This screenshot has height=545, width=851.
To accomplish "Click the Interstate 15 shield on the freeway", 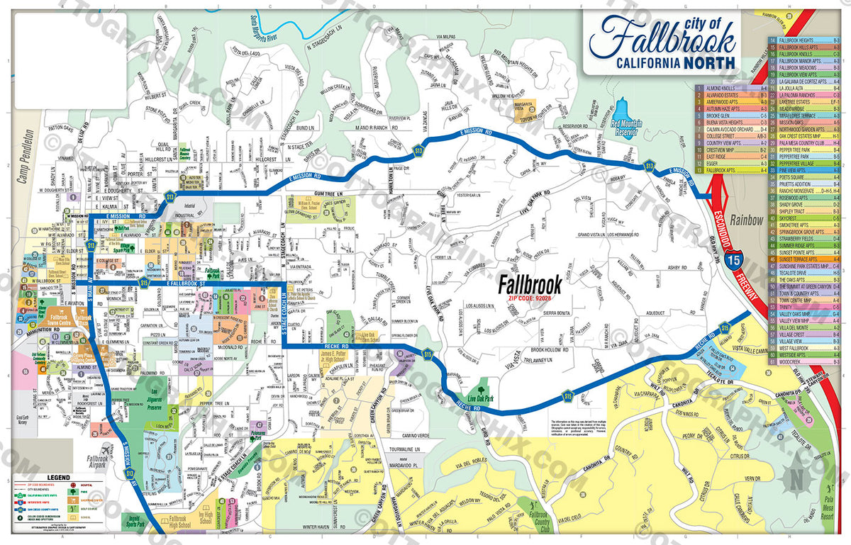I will click(739, 265).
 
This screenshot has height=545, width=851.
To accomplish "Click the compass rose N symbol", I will click(796, 479).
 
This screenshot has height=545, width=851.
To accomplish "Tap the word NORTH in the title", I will click(710, 62).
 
